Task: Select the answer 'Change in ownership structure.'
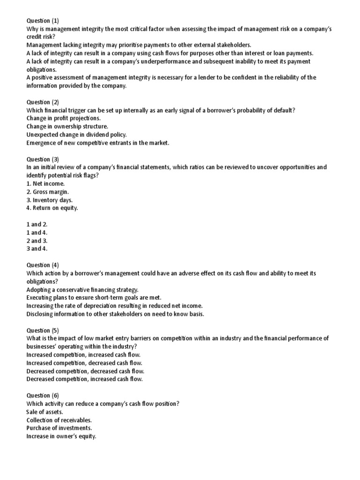(67, 126)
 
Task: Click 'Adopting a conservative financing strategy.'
(82, 289)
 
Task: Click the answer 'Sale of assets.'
(45, 412)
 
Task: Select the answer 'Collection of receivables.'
(59, 420)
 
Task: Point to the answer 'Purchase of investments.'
(59, 428)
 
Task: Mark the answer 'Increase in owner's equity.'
(61, 436)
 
